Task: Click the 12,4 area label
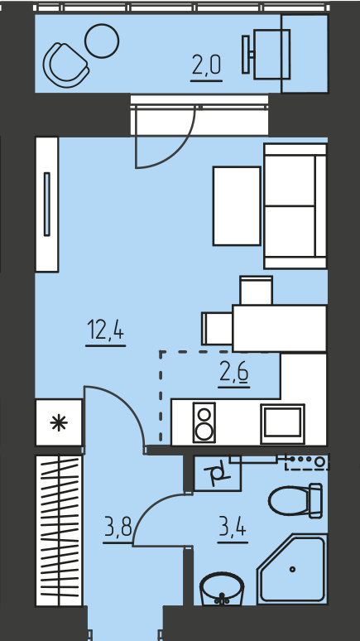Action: [105, 330]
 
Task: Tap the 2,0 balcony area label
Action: [206, 65]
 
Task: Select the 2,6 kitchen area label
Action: [233, 373]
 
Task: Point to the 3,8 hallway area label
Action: [118, 528]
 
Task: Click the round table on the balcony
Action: [102, 41]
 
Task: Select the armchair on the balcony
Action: [65, 65]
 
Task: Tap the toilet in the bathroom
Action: [295, 500]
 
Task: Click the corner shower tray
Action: [293, 569]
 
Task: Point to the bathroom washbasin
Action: [222, 588]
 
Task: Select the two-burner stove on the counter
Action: [204, 422]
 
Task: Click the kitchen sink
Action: [282, 424]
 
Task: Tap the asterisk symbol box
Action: [59, 422]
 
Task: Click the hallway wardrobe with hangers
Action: [60, 531]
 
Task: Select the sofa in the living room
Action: [295, 206]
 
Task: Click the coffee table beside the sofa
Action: [237, 206]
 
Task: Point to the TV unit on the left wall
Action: [47, 204]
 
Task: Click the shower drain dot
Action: [293, 569]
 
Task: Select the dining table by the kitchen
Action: [280, 328]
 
